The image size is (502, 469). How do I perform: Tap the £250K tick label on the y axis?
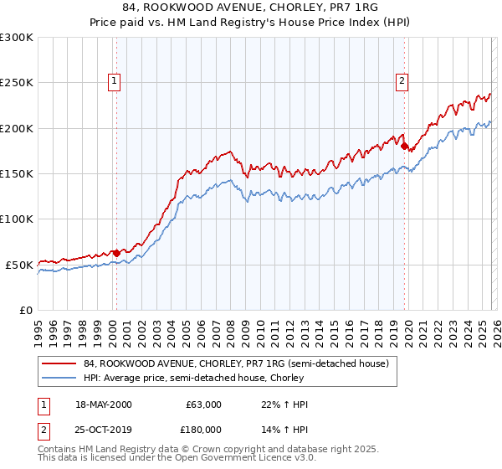(x=17, y=83)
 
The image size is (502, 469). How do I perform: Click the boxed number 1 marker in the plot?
(x=115, y=81)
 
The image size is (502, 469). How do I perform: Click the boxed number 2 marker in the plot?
(x=402, y=81)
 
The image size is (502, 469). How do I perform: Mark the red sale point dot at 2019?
(x=404, y=147)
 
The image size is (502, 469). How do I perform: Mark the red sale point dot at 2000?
(x=116, y=252)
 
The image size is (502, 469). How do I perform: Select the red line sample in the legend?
(x=59, y=364)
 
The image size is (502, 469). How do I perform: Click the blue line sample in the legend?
(x=59, y=378)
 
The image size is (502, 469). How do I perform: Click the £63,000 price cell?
(x=203, y=405)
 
